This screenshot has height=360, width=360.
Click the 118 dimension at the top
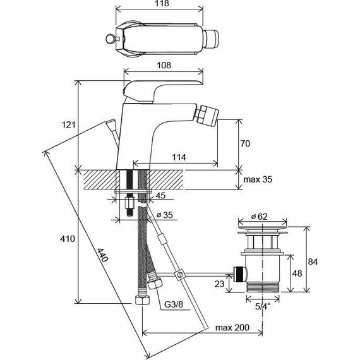point(162,3)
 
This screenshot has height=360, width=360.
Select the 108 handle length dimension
point(164,65)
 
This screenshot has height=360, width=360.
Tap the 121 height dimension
point(68,124)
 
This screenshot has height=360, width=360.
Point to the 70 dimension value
point(245,143)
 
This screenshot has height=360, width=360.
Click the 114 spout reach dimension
point(179,157)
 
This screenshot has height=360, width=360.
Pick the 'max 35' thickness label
point(258,179)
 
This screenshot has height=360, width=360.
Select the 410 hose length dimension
point(68,239)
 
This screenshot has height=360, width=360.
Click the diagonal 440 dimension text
point(102,255)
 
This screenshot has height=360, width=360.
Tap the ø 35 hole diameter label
point(164,215)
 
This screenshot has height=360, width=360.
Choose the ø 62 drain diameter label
point(259,217)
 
